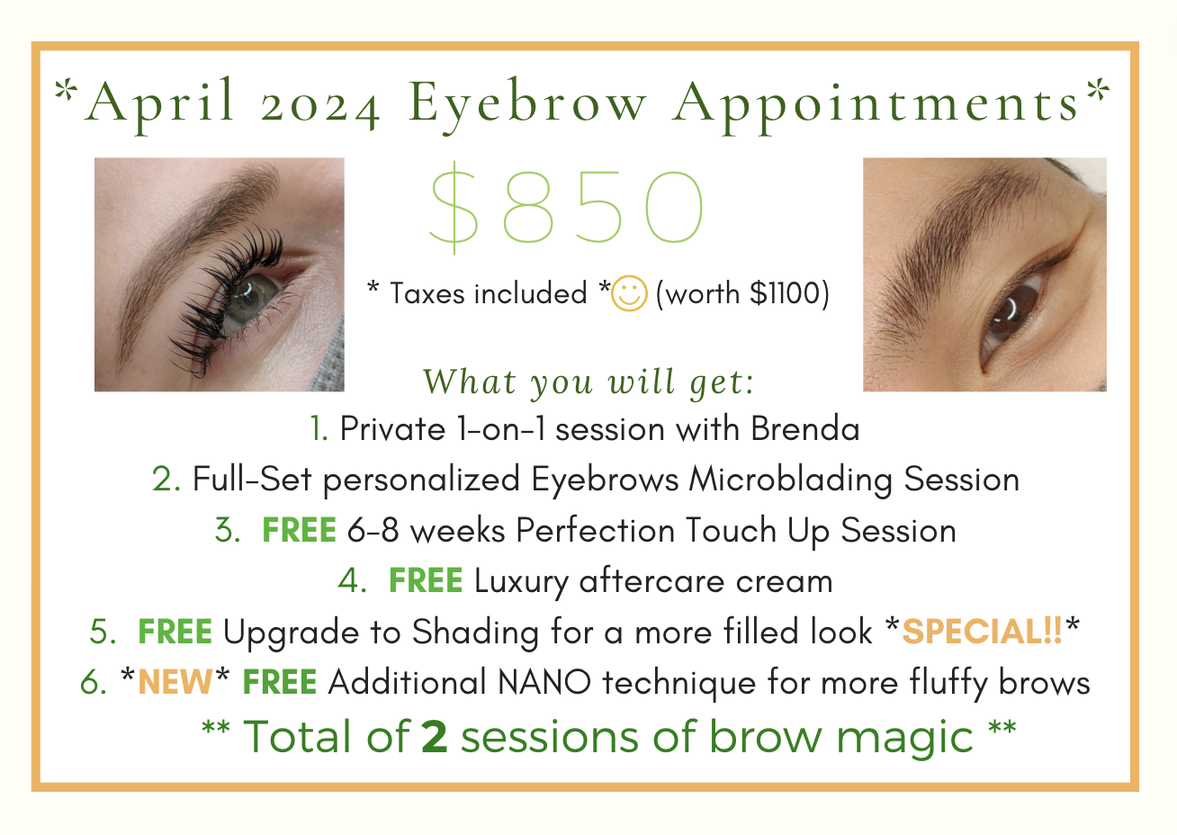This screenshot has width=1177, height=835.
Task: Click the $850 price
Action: [x=568, y=206]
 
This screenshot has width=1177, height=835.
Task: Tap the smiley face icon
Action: [x=629, y=295]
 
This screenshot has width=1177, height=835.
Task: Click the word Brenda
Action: [x=805, y=429]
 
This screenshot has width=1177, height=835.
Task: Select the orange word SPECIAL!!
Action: [x=983, y=632]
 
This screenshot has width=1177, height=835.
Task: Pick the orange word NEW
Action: [x=175, y=683]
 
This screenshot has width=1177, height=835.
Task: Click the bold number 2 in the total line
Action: [x=434, y=736]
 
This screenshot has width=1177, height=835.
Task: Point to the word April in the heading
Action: [x=162, y=101]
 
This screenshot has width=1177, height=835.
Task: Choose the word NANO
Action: [x=544, y=683]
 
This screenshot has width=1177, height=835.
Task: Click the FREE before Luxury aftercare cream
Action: [x=426, y=581]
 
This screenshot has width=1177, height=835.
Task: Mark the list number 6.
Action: [x=93, y=683]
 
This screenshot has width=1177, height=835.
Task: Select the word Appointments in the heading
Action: [x=877, y=103]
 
